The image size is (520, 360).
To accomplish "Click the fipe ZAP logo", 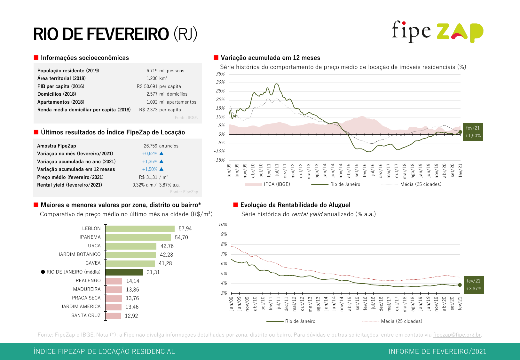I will [437, 32].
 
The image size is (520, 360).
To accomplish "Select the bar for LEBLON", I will [140, 228].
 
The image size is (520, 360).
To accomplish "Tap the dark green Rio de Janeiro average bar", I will [124, 272].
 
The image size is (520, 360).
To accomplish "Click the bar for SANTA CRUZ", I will [113, 316].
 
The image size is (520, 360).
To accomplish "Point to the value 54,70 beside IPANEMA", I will [181, 237].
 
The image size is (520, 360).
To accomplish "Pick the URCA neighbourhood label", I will [94, 246].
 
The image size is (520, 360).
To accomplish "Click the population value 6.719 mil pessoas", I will [165, 71].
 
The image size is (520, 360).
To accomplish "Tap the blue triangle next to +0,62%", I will [162, 154].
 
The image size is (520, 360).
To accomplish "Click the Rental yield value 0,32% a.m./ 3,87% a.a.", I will [156, 185].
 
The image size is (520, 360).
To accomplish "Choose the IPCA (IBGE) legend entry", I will [268, 184].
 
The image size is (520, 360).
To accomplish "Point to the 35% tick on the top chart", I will [220, 74].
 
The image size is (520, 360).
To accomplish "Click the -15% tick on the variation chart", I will [219, 160].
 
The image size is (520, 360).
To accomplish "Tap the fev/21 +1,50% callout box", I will [473, 132].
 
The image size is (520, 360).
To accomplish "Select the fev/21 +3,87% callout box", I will [473, 285].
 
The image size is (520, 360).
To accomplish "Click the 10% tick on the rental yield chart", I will [223, 225].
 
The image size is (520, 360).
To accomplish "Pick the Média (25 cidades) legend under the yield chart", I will [392, 321].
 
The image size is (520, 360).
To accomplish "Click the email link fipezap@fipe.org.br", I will [457, 335].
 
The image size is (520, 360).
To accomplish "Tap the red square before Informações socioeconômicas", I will [36, 58].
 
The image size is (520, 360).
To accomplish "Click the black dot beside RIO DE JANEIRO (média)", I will [43, 272].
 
